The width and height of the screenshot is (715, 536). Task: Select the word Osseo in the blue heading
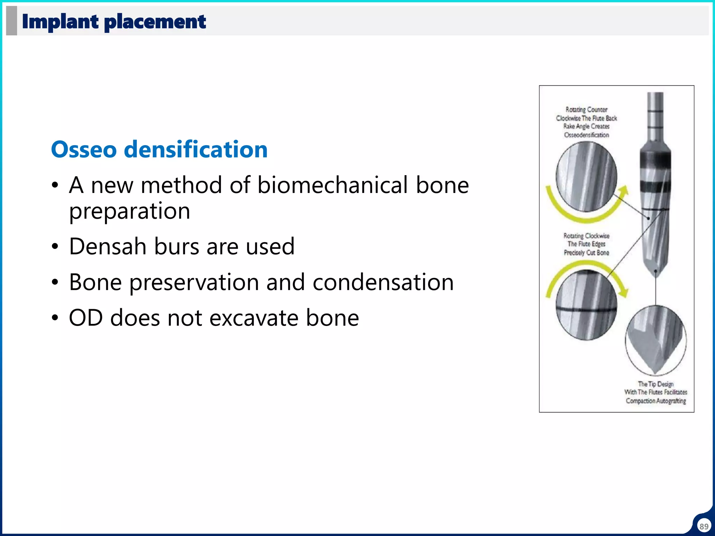coord(84,149)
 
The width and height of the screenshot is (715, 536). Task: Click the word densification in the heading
coord(196,149)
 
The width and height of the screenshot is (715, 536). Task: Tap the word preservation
coord(194,283)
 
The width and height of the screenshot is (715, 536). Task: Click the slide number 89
coord(704,526)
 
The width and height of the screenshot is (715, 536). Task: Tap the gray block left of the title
coord(12,21)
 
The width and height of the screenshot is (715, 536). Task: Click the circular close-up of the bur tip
coord(656,340)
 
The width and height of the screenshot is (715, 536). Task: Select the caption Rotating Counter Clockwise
coord(586,114)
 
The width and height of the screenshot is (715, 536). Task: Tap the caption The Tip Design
coord(656,384)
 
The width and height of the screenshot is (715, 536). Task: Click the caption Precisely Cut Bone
coord(586,253)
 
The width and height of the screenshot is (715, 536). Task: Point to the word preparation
coord(130,211)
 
